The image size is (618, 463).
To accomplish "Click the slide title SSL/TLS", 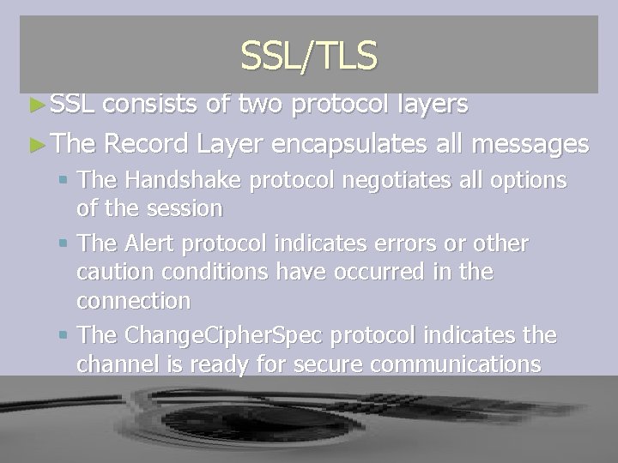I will (x=309, y=56).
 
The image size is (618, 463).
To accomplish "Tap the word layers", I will (x=425, y=105).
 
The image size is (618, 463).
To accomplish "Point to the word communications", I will (x=454, y=364).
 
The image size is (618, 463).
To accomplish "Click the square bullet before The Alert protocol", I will (x=66, y=244).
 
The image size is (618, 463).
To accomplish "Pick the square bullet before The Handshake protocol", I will (x=66, y=180).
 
